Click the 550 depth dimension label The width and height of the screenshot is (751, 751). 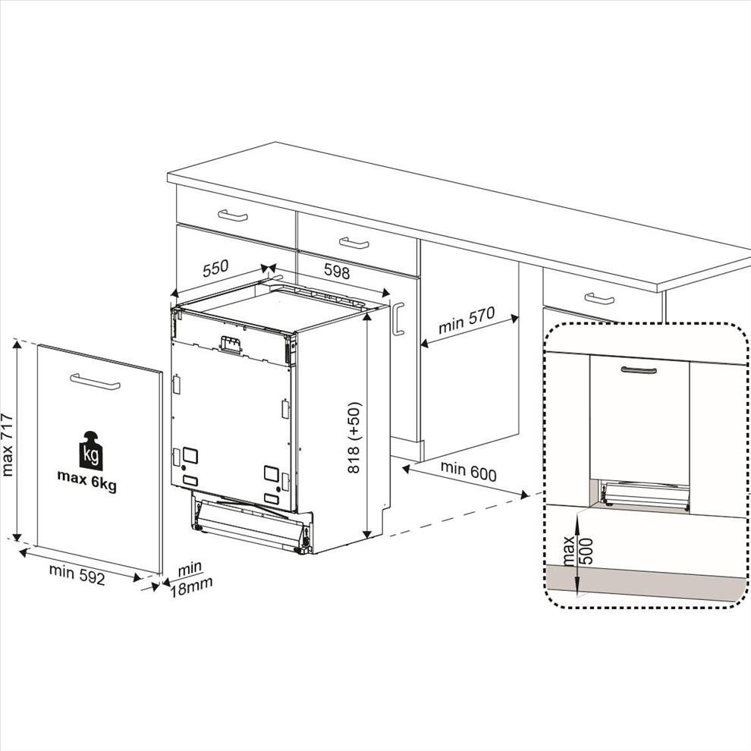tap(215, 269)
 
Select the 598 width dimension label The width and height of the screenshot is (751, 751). tap(337, 272)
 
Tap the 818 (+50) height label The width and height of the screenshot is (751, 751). tap(354, 438)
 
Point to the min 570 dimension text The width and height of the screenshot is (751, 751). tap(467, 320)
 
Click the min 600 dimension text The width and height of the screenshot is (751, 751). tap(468, 471)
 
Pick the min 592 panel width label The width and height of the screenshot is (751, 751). tap(77, 574)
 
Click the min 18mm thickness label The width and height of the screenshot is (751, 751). tap(191, 579)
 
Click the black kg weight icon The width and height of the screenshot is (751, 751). tap(91, 451)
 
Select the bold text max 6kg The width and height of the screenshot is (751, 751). tap(86, 481)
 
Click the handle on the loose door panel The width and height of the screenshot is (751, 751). tap(95, 382)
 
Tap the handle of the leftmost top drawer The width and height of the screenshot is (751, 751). tap(233, 215)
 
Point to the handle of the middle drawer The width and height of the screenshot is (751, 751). tap(354, 244)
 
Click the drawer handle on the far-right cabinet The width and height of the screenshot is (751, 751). tap(599, 299)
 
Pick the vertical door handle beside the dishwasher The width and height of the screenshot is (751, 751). tap(398, 319)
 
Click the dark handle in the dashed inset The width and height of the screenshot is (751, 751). tap(639, 370)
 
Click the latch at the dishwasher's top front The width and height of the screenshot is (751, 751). tap(230, 345)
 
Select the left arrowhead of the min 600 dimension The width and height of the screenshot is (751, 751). tap(406, 469)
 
